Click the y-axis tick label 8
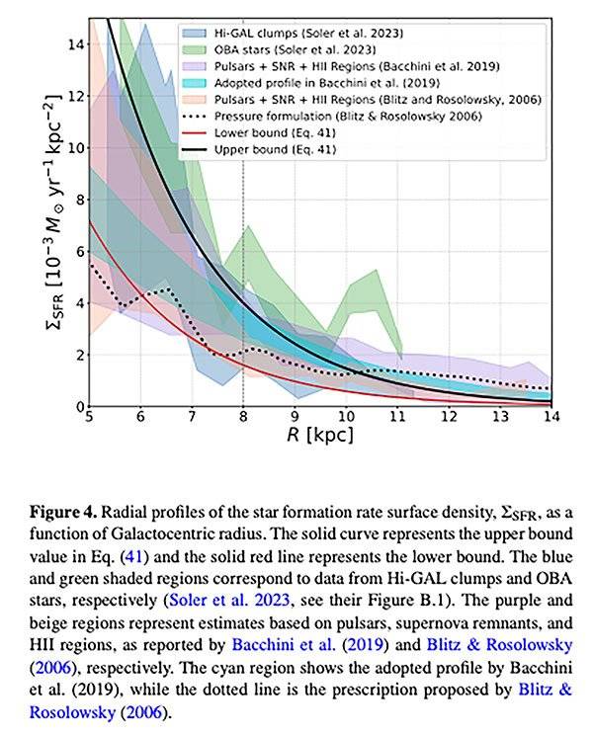(x=75, y=199)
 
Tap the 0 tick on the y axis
(x=75, y=405)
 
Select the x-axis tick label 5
(x=90, y=418)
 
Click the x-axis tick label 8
(x=243, y=418)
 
